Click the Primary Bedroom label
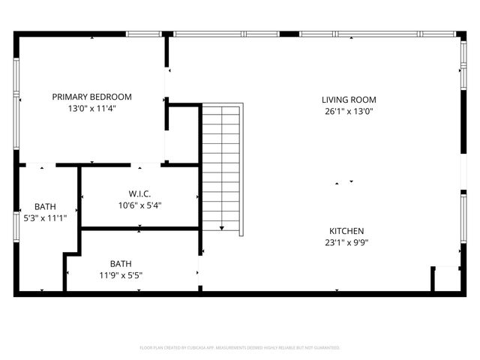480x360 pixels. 91,97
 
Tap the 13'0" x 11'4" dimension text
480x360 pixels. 91,108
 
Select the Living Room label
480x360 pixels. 349,100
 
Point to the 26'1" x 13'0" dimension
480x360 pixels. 349,111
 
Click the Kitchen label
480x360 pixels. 346,231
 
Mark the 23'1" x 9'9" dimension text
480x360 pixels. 346,242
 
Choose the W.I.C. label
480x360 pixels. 140,193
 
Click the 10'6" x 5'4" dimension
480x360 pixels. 140,205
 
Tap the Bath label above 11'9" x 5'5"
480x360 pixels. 121,263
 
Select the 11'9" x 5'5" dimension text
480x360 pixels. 121,274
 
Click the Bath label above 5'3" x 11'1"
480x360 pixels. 45,207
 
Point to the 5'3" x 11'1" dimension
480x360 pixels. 45,218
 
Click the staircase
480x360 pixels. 221,165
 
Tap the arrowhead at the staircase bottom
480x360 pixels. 221,227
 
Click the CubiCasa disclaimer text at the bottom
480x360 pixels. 240,348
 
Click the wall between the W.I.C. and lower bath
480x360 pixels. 140,227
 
